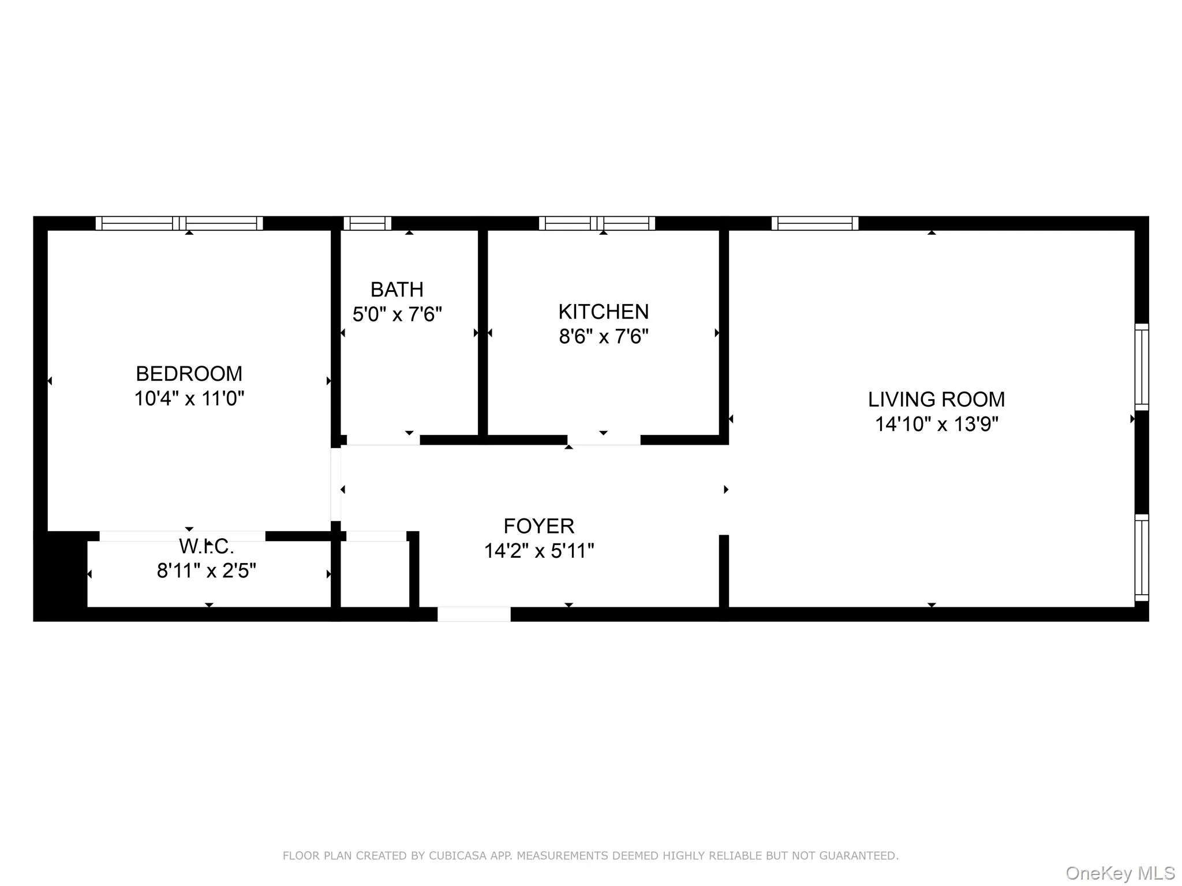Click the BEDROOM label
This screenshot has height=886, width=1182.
click(189, 374)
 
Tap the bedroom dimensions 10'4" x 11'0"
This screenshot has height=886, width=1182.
click(189, 399)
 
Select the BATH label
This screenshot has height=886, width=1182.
click(397, 289)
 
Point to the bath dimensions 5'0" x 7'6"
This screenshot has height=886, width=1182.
click(397, 314)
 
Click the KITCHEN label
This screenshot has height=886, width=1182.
click(603, 311)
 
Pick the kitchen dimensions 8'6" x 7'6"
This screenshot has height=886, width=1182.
click(603, 336)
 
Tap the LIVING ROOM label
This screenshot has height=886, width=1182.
click(936, 399)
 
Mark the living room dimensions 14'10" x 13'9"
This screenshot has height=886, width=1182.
click(936, 425)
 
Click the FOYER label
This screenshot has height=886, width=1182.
click(538, 526)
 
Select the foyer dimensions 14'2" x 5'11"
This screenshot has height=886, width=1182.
click(538, 551)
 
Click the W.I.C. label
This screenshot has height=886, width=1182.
click(206, 546)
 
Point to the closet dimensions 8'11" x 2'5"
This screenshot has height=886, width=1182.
click(206, 571)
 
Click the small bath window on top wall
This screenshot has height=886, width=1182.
click(367, 223)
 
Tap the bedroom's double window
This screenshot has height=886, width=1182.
click(179, 223)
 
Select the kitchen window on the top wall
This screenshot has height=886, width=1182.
click(597, 223)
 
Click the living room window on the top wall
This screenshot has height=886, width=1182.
click(814, 223)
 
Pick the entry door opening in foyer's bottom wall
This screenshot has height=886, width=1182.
click(474, 614)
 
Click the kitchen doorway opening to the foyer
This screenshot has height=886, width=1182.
click(604, 440)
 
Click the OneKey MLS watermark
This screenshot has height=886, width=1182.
click(1120, 873)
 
